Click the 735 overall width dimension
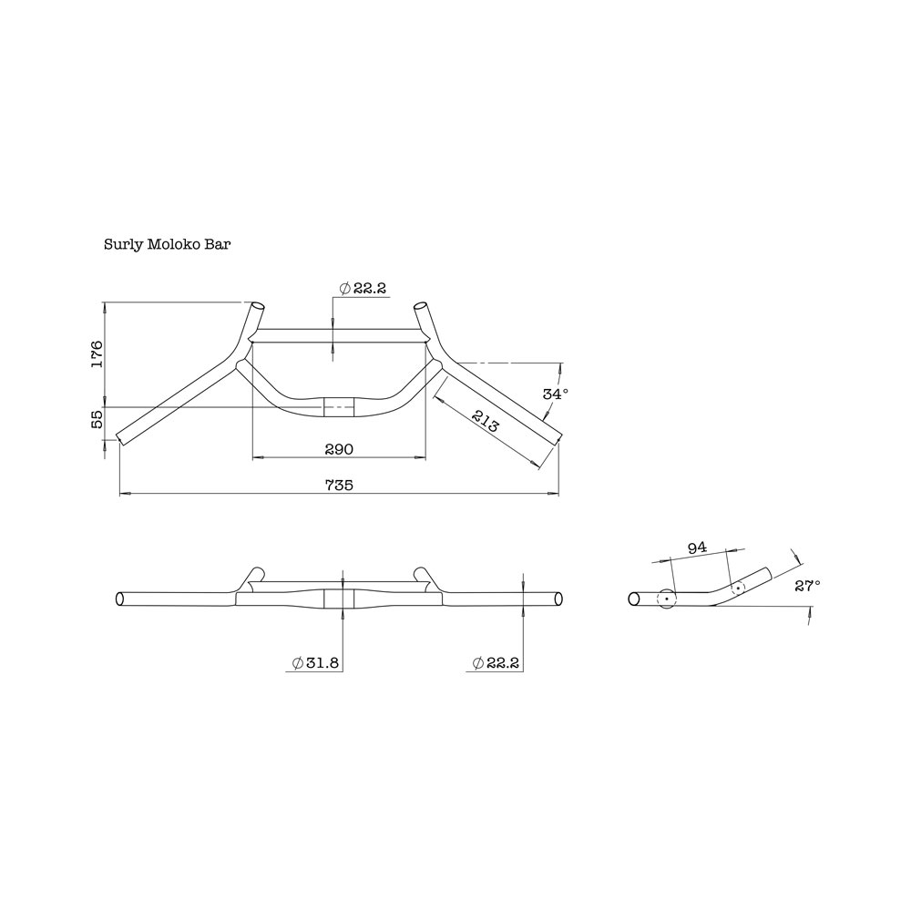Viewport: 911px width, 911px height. pos(340,486)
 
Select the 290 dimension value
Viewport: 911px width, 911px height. pos(338,449)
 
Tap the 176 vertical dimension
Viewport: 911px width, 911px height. pos(97,353)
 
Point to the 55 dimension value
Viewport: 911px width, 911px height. pos(97,421)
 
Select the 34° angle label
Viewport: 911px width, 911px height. pos(555,394)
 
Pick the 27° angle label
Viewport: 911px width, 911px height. pos(805,586)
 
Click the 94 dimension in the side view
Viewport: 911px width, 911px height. pos(697,548)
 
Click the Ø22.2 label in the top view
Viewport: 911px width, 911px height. pos(363,288)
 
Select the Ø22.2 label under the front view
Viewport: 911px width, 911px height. pos(496,664)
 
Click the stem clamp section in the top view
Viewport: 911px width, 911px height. pos(339,407)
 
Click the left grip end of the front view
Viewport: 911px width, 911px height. pos(119,599)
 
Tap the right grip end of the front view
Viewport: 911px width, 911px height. pos(558,599)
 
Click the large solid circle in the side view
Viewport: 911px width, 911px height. pos(666,599)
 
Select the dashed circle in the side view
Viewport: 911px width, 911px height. pos(737,589)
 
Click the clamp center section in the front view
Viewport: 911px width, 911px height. pos(340,599)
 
